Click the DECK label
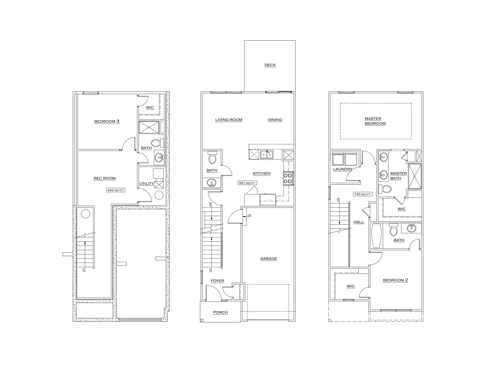270,65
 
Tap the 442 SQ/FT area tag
115,190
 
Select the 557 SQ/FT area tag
247,183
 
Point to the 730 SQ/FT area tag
362,194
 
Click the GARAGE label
269,259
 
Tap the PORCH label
220,312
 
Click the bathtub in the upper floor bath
376,236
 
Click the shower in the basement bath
149,127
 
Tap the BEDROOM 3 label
107,122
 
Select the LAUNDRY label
342,169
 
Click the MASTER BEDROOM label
375,121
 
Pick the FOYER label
217,281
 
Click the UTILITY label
146,184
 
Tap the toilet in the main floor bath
212,158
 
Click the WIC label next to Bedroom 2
351,286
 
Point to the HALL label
359,222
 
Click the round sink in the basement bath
159,157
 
